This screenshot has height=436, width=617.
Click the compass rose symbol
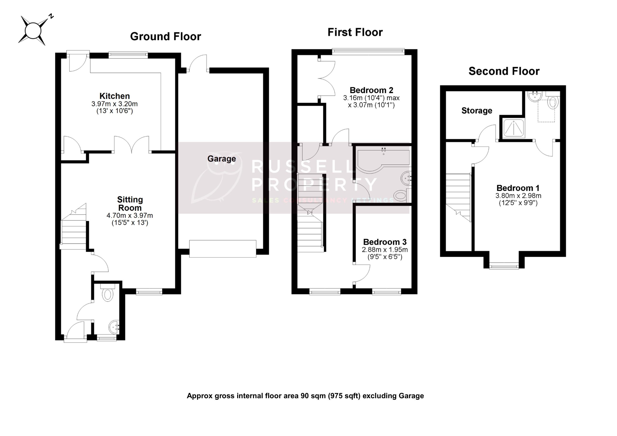coord(33,31)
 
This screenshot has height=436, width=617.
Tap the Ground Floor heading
coord(165,37)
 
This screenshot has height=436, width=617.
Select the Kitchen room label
coord(114,96)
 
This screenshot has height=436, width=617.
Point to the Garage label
coord(221,159)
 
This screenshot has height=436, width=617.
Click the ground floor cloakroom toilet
coord(108,294)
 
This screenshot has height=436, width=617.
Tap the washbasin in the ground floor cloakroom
coord(114,327)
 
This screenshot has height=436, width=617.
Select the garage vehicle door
coord(222,249)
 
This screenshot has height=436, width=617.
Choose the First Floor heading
coord(355,32)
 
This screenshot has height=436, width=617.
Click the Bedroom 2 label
coord(371,90)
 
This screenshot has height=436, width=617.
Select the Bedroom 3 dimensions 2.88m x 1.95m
coord(385,250)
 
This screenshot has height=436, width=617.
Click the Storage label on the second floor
coord(476,111)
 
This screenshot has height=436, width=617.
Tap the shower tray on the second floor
coord(514,128)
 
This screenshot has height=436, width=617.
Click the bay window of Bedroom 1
coord(504,266)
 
